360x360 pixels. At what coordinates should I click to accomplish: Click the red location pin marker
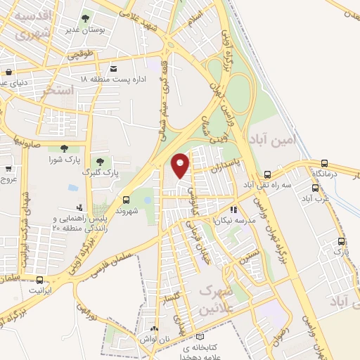point(180,165)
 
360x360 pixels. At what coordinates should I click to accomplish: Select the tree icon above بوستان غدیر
point(86,19)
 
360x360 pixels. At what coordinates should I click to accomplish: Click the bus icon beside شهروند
point(126,200)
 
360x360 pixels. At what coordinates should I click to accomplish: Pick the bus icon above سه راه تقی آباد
point(268,174)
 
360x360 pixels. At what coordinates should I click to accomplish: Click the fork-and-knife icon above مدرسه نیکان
point(234,209)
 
